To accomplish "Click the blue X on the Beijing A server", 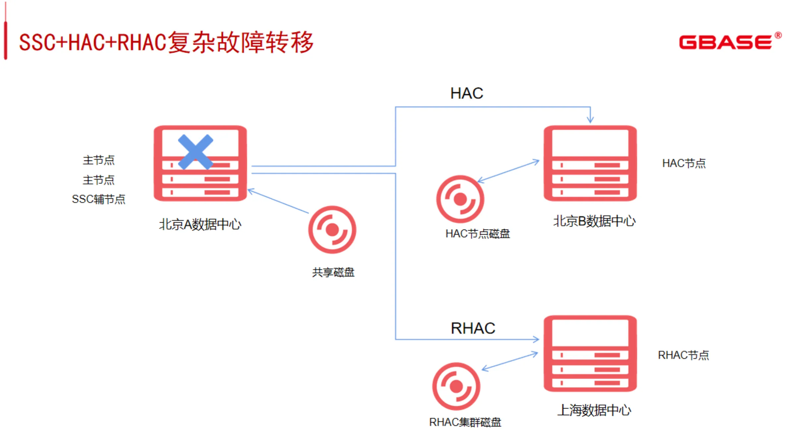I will pyautogui.click(x=196, y=152).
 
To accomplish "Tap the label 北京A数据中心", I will pyautogui.click(x=200, y=224).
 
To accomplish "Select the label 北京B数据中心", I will pyautogui.click(x=594, y=221).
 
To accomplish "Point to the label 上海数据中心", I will pyautogui.click(x=594, y=410).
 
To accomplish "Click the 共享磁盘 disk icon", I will pyautogui.click(x=332, y=230).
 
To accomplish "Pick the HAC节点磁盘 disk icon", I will pyautogui.click(x=460, y=199).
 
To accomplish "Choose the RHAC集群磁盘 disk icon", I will pyautogui.click(x=456, y=386).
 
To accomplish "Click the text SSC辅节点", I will pyautogui.click(x=98, y=199).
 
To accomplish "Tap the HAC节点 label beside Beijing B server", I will pyautogui.click(x=684, y=163).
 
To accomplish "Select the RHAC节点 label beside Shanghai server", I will pyautogui.click(x=683, y=355).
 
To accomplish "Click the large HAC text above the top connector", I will pyautogui.click(x=467, y=93).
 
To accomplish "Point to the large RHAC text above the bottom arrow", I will pyautogui.click(x=473, y=328).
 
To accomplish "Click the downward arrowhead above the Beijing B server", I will pyautogui.click(x=590, y=120).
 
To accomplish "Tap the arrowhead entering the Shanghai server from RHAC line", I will pyautogui.click(x=536, y=339).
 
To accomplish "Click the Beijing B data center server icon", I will pyautogui.click(x=590, y=163).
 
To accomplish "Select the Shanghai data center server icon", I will pyautogui.click(x=590, y=353).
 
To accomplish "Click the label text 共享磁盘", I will pyautogui.click(x=333, y=272).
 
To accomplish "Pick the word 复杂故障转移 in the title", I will pyautogui.click(x=241, y=42).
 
